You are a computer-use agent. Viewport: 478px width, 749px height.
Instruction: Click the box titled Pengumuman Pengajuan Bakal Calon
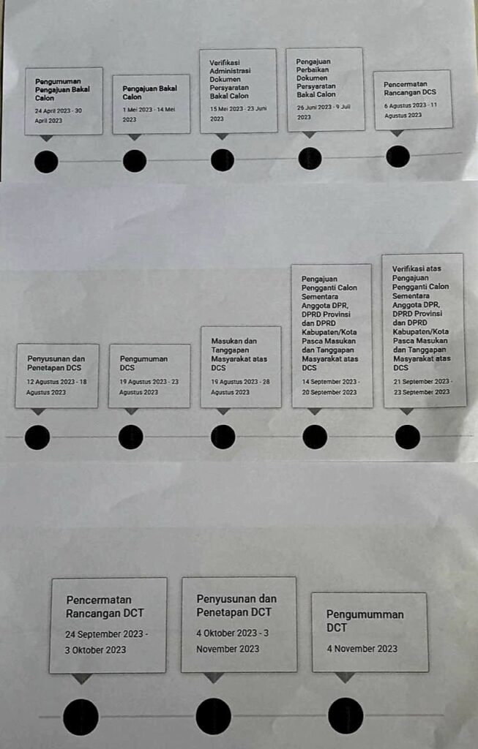point(64,101)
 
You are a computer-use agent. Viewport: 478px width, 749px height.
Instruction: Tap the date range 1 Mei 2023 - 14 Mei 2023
point(149,114)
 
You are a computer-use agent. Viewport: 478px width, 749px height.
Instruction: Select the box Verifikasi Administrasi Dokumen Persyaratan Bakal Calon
point(239,91)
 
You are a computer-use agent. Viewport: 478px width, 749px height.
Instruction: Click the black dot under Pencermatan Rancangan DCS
point(397,156)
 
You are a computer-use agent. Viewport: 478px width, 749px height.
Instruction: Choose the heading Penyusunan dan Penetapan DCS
point(56,363)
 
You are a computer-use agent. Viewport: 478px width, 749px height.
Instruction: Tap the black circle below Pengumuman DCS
point(131,437)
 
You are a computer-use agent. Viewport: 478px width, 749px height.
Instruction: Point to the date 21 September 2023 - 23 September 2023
point(422,387)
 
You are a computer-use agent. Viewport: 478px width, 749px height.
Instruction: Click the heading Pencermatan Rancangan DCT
point(99,606)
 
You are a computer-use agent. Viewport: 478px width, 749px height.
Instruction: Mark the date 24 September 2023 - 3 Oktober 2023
point(106,641)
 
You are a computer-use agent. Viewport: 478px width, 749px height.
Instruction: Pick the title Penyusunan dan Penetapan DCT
point(236,605)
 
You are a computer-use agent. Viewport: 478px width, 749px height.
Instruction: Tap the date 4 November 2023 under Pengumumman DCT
point(362,648)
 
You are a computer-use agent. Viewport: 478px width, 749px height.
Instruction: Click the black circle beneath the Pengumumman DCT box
point(346,715)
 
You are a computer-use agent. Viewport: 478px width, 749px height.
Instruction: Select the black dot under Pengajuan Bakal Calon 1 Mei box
point(135,160)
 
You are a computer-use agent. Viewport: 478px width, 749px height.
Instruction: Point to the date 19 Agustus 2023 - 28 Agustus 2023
point(240,387)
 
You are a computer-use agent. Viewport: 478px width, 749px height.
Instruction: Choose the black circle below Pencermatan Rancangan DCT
point(81,716)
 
